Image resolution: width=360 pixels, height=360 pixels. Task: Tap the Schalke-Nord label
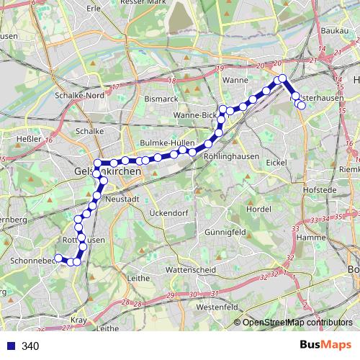(80, 95)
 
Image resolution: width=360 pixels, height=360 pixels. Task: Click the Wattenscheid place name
(186, 269)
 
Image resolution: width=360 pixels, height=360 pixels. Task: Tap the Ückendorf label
(168, 213)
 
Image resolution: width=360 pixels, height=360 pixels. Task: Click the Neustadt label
(120, 198)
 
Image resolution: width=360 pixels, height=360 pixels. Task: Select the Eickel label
(276, 163)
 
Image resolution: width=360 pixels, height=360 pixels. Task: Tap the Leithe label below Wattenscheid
(138, 278)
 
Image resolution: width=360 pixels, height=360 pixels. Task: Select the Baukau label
(334, 31)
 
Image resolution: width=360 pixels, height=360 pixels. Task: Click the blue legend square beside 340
(11, 346)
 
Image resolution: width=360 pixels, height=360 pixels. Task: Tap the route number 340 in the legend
(30, 346)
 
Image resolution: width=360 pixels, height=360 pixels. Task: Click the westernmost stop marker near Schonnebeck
(59, 258)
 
